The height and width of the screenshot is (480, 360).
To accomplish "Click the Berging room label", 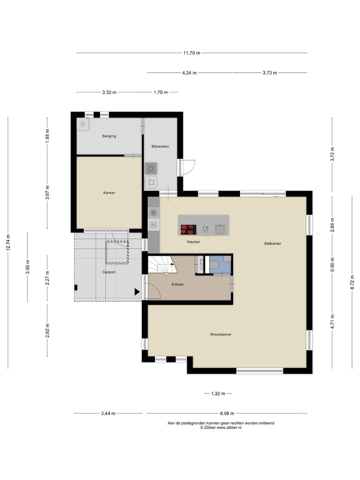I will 109,136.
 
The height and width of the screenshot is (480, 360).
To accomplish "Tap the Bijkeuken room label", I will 160,146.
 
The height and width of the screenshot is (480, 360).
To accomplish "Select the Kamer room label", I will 109,192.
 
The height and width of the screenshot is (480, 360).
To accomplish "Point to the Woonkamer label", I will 220,334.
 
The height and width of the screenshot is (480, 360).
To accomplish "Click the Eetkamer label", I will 273,243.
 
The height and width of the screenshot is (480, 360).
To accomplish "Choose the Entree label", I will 177,284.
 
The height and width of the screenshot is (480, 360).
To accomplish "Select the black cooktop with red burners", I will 188,229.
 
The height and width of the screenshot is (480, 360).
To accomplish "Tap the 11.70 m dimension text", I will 191,53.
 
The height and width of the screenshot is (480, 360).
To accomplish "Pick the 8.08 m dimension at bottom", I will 227,413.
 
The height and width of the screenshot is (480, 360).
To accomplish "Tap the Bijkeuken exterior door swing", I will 187,167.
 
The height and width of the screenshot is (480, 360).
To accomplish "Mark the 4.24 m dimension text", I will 189,72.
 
